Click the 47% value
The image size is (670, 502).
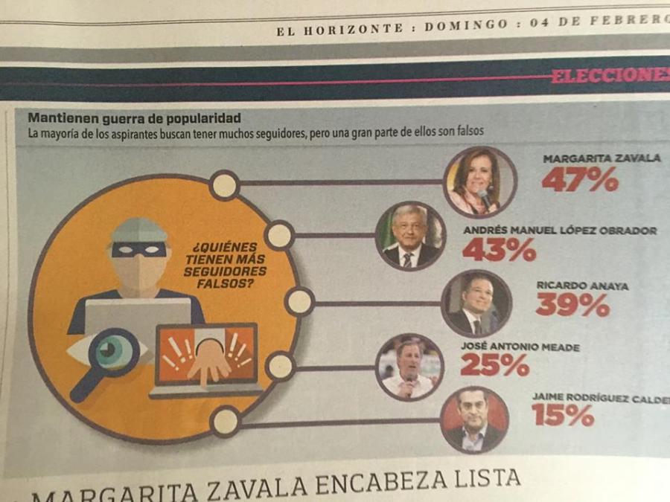579,179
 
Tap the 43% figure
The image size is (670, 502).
499,250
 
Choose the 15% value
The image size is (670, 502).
563,414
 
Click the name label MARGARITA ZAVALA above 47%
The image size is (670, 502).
601,158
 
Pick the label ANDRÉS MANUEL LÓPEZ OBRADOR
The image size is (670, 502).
560,231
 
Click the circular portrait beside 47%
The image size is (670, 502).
480,181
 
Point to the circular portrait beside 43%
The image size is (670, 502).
409,236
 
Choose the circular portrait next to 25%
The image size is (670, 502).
409,367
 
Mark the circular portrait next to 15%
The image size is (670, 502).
475,419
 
